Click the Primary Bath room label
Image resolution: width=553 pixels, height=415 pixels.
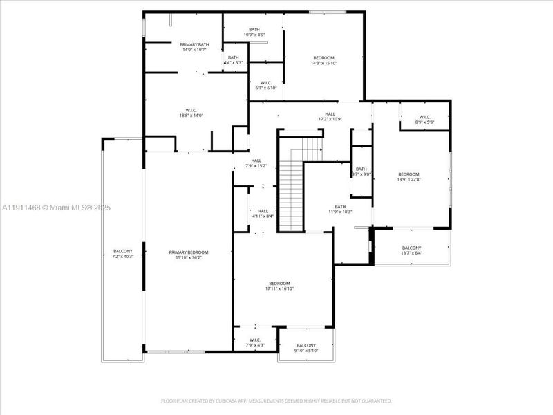pos(195,44)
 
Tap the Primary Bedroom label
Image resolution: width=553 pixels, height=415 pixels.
pos(189,252)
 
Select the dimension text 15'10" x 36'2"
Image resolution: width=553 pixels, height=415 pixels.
pos(189,258)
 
